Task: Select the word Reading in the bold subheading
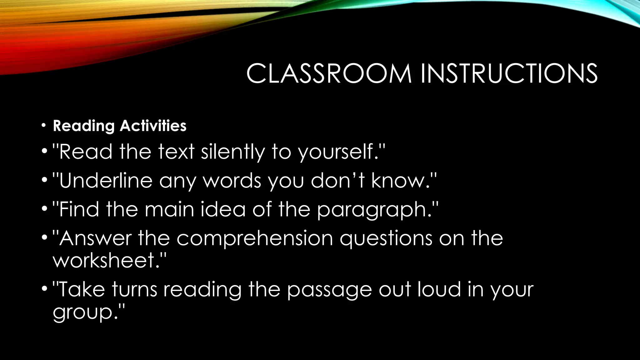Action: click(84, 126)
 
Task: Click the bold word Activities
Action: click(153, 126)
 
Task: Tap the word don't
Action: click(337, 181)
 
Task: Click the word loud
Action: click(439, 289)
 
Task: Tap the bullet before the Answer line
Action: click(44, 238)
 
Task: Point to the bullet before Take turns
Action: click(44, 289)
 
